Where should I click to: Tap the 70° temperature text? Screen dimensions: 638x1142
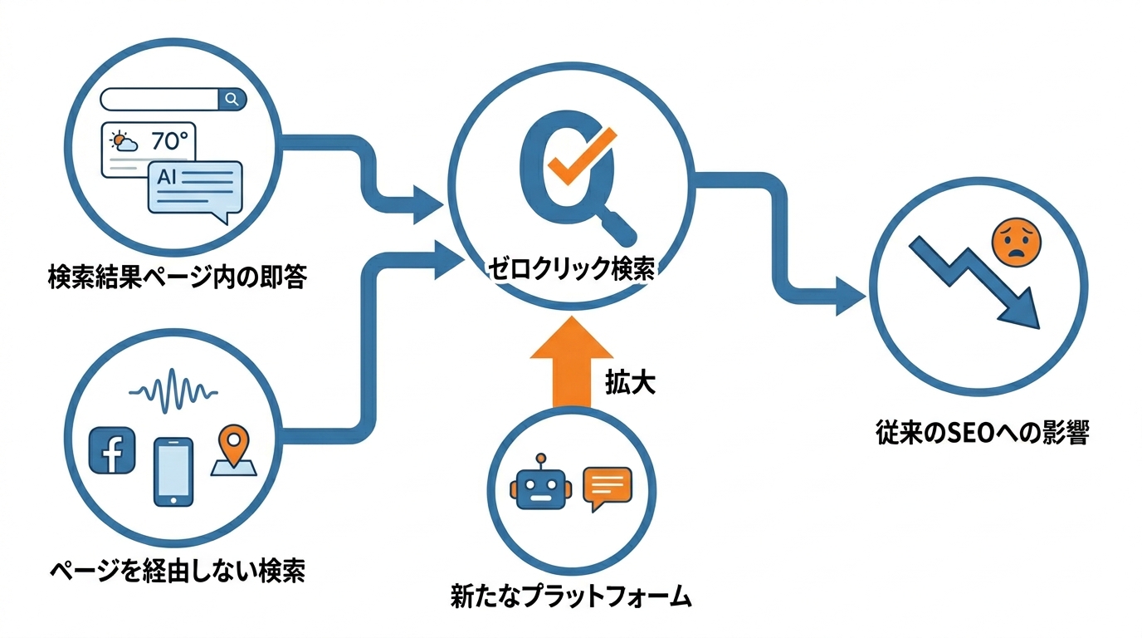pyautogui.click(x=170, y=141)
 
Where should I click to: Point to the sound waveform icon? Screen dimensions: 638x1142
pyautogui.click(x=174, y=388)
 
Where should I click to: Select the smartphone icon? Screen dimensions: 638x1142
pyautogui.click(x=173, y=471)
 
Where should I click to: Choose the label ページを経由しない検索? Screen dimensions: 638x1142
pyautogui.click(x=178, y=571)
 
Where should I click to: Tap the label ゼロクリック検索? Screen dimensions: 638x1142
pyautogui.click(x=570, y=269)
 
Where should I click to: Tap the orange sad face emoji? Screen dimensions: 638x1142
pyautogui.click(x=1015, y=242)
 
